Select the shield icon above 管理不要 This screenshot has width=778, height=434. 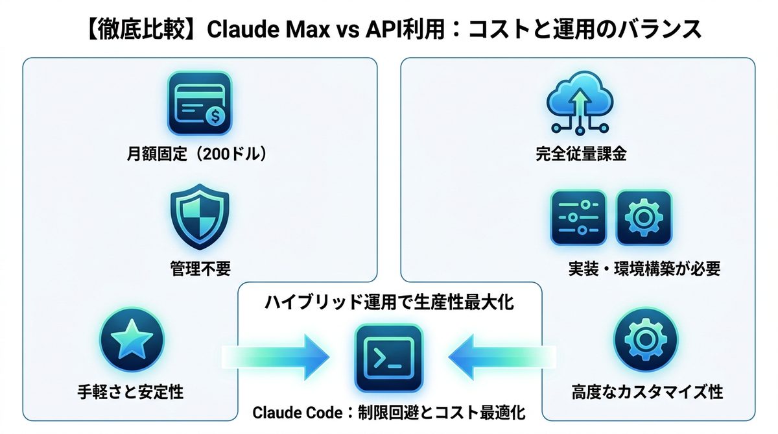[x=199, y=217]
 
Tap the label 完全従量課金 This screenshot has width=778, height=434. [x=580, y=155]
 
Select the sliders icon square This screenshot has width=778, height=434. [x=578, y=217]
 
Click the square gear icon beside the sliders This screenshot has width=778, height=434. [x=644, y=217]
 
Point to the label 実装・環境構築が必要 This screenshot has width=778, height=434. [x=644, y=269]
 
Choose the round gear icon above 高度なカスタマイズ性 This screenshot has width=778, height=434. [x=645, y=341]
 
